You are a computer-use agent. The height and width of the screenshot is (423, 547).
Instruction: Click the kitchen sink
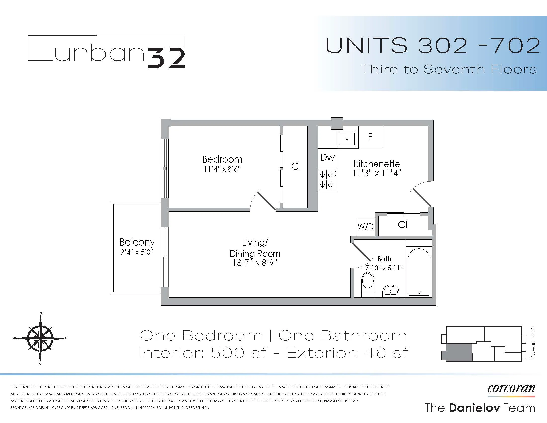pos(347,139)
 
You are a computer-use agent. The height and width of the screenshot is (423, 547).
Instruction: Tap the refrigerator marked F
pos(370,137)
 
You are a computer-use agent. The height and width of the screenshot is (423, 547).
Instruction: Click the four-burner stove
pos(327,180)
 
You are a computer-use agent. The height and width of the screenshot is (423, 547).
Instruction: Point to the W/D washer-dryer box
pos(365,226)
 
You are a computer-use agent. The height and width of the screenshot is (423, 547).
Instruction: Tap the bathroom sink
pos(390,291)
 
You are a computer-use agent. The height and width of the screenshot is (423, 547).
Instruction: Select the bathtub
pos(419,272)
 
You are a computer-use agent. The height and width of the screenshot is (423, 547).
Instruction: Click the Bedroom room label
pos(222,159)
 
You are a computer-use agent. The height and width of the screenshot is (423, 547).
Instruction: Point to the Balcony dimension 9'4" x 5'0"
pos(137,252)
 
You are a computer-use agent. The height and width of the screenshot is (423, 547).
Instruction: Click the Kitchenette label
pos(376,164)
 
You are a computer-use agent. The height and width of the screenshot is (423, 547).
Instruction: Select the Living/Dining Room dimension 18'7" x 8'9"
pos(255,263)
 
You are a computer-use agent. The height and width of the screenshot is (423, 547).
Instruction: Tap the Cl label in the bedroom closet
pos(296,167)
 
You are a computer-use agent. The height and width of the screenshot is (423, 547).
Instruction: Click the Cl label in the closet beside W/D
pos(402,225)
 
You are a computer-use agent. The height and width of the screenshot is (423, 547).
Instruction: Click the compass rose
pos(40,339)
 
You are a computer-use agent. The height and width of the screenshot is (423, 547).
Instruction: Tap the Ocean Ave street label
pos(533,344)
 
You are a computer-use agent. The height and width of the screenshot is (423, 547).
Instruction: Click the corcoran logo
pos(511,389)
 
